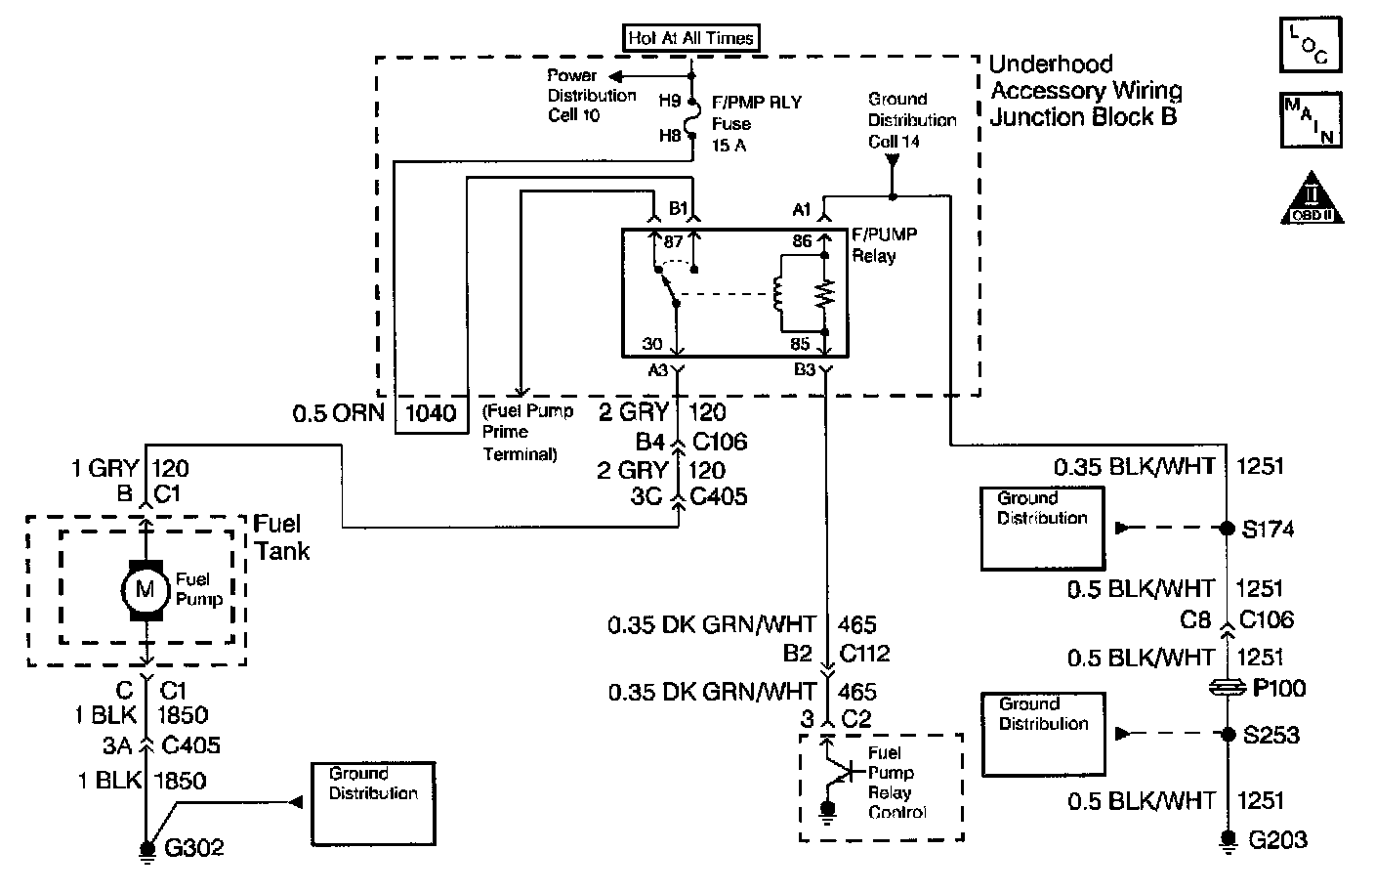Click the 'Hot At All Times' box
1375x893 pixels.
point(691,38)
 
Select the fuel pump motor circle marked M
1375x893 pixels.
point(145,588)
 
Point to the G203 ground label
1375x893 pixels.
point(1277,839)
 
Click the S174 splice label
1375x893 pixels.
point(1268,529)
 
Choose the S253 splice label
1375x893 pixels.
point(1270,734)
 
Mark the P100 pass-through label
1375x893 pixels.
point(1277,689)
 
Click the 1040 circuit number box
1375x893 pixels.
point(431,412)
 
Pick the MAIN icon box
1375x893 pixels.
point(1311,119)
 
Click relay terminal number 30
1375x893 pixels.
point(652,344)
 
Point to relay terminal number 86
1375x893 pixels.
point(802,241)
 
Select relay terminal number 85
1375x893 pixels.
point(801,344)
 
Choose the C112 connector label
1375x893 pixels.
point(863,653)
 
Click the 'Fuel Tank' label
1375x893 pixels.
point(281,537)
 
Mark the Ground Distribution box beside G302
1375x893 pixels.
point(372,791)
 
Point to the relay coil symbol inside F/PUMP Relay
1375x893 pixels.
point(779,293)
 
